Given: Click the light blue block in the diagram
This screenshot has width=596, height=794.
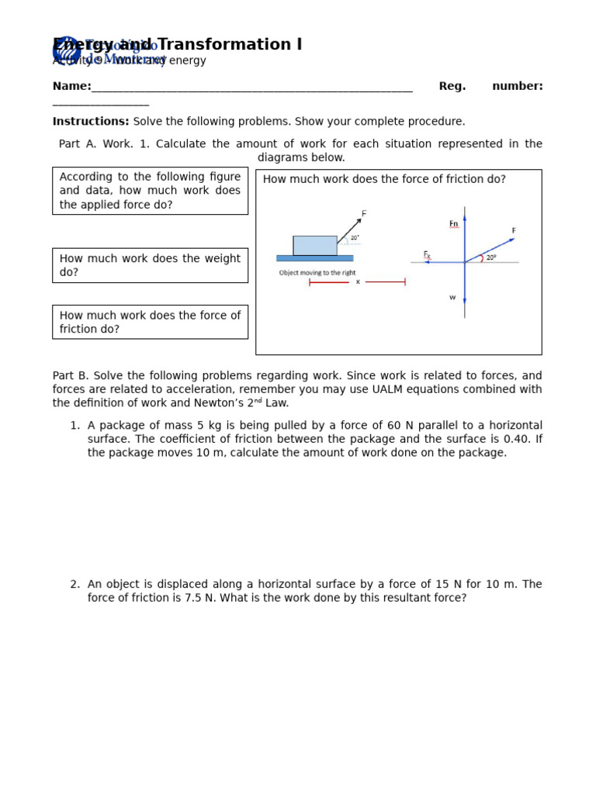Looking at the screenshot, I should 314,245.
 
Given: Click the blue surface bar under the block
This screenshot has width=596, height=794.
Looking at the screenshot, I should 314,258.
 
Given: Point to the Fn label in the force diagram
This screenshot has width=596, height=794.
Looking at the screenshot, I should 453,224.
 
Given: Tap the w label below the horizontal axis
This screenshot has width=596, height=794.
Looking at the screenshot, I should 452,297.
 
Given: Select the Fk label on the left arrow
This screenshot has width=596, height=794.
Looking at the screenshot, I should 427,254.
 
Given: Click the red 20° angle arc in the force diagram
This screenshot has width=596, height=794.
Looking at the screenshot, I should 482,258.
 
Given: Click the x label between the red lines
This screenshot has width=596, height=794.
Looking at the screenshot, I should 358,282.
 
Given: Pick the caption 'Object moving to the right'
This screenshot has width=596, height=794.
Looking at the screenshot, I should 317,273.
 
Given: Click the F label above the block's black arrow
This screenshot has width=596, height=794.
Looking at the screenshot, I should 364,213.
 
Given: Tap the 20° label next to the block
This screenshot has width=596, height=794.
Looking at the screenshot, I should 355,238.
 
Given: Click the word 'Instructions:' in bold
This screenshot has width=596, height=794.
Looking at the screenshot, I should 91,122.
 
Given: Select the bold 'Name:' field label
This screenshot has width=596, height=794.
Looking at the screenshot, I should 71,86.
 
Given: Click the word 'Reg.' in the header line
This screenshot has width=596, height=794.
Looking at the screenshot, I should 452,86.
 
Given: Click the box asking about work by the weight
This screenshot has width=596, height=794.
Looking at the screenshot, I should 150,265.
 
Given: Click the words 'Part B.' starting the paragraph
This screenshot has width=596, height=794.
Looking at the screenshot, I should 71,376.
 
